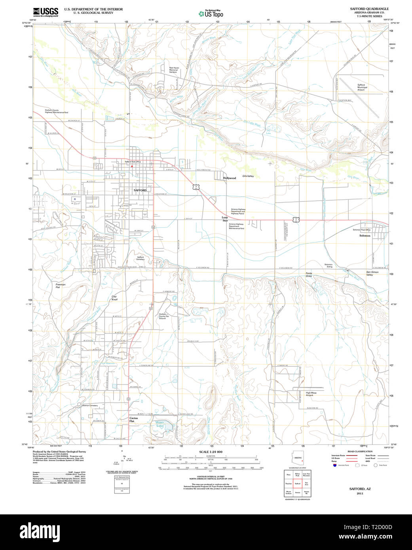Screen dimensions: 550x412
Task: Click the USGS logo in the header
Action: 46,12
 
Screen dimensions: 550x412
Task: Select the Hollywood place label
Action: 229,178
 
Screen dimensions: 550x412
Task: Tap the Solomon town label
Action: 365,235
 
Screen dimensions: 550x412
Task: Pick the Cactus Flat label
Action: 134,419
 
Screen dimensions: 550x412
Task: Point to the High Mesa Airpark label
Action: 311,394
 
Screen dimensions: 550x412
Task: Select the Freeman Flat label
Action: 61,286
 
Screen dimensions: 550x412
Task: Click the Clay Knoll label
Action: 114,298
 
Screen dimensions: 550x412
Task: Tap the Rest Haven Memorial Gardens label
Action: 174,70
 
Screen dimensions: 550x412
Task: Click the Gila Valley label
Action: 248,176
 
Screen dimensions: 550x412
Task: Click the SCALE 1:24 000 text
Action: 211,452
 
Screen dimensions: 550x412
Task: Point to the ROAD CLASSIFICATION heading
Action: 360,451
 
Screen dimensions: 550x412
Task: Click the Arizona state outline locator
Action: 298,458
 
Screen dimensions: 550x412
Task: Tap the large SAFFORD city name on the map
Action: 140,190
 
